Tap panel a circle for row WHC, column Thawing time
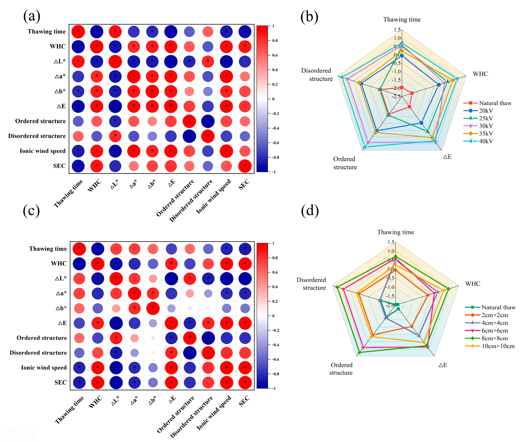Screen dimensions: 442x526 pos(78,47)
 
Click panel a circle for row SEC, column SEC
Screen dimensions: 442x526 pos(245,166)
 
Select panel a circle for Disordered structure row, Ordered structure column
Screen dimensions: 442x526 pos(189,136)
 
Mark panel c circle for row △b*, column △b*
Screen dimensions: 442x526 pos(153,308)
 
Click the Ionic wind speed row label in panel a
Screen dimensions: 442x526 pos(42,151)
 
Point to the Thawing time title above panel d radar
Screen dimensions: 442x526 pos(395,232)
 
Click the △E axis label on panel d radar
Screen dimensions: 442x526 pos(443,365)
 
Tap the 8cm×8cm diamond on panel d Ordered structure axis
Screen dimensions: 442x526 pos(359,352)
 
